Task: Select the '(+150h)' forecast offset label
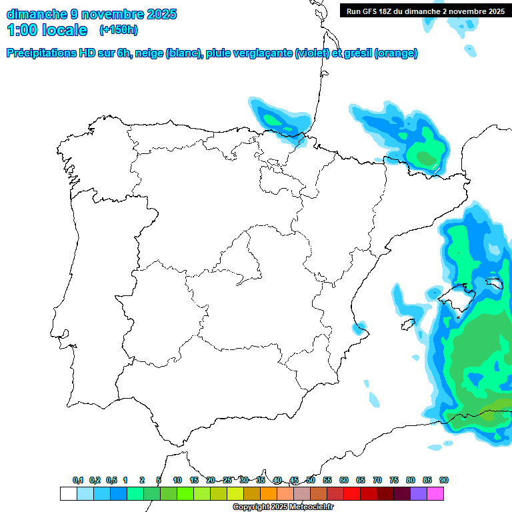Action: [118, 29]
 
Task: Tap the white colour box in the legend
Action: [68, 493]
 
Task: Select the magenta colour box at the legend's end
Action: [435, 493]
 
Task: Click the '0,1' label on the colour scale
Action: [78, 480]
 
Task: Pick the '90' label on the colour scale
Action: [443, 480]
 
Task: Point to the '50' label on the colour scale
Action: [310, 480]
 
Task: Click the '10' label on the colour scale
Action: [177, 480]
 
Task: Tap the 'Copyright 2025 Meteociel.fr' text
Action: [283, 507]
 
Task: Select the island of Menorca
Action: [494, 283]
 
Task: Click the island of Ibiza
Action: [408, 324]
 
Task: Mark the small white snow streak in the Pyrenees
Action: [434, 166]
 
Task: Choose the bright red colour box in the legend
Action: [352, 493]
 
